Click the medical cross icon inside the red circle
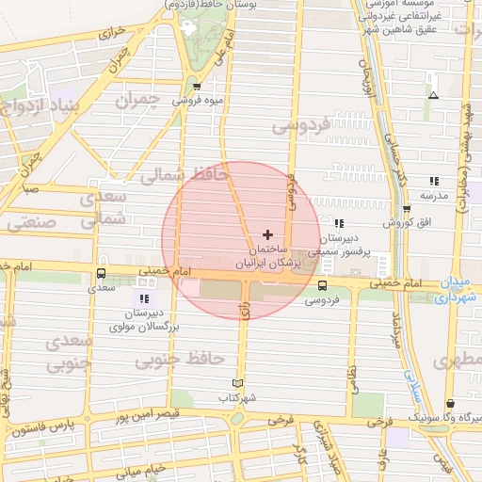pyautogui.click(x=268, y=233)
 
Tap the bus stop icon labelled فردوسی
pyautogui.click(x=323, y=285)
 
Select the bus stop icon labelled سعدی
pyautogui.click(x=101, y=274)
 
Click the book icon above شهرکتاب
pyautogui.click(x=237, y=382)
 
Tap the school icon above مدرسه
pyautogui.click(x=433, y=181)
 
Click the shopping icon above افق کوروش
pyautogui.click(x=406, y=209)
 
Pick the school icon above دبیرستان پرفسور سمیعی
pyautogui.click(x=339, y=224)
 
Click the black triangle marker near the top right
pyautogui.click(x=433, y=95)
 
